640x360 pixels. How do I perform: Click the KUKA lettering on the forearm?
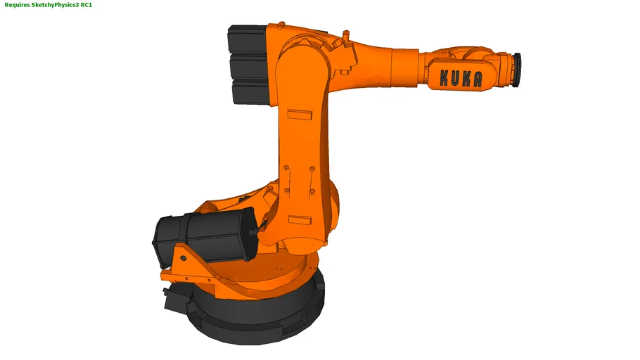[x=461, y=78]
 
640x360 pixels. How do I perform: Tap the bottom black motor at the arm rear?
[x=249, y=91]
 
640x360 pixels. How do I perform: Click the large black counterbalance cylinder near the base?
[x=204, y=236]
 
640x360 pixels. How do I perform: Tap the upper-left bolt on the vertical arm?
[x=287, y=168]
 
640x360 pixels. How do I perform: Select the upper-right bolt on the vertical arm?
[x=312, y=169]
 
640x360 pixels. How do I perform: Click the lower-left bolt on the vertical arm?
[x=287, y=191]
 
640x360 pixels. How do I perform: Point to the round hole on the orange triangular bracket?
[x=183, y=257]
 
